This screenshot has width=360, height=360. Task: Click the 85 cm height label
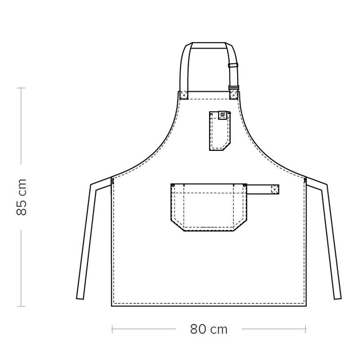(22, 197)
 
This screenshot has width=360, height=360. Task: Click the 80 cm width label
(209, 329)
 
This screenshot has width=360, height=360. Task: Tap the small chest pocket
(220, 131)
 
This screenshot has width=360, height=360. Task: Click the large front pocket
(209, 207)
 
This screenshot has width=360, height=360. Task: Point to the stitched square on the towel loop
(275, 189)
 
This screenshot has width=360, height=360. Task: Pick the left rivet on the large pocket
(173, 185)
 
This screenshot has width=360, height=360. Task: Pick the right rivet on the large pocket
(245, 185)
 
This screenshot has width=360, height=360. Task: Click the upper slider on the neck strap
(233, 65)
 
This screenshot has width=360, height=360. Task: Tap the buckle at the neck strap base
(234, 88)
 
